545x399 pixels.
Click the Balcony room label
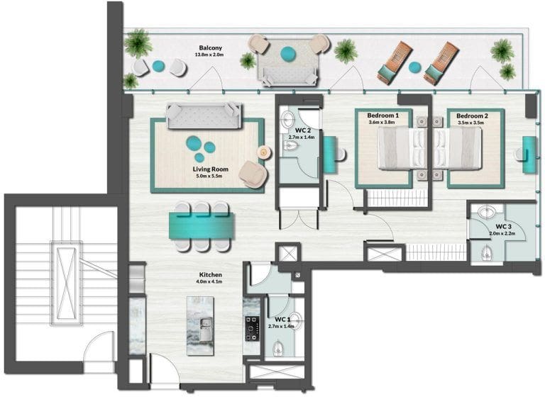[x=210, y=48]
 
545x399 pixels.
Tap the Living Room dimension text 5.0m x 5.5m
[x=209, y=176]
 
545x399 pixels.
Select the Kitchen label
[x=211, y=275]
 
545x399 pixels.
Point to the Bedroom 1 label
[x=382, y=116]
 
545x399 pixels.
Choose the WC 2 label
[x=303, y=130]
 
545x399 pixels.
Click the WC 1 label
[x=282, y=320]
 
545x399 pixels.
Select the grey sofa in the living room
[x=204, y=116]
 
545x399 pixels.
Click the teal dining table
[x=202, y=225]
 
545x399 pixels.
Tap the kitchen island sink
[x=206, y=329]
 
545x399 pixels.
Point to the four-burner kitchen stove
[x=253, y=328]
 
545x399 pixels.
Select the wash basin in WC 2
[x=289, y=119]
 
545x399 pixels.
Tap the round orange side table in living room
[x=264, y=152]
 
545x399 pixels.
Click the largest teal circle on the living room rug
[x=193, y=142]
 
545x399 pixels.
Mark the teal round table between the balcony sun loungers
[x=414, y=67]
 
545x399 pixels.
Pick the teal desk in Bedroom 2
[x=529, y=154]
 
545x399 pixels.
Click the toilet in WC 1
[x=277, y=349]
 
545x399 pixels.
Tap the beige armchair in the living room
[x=253, y=174]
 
